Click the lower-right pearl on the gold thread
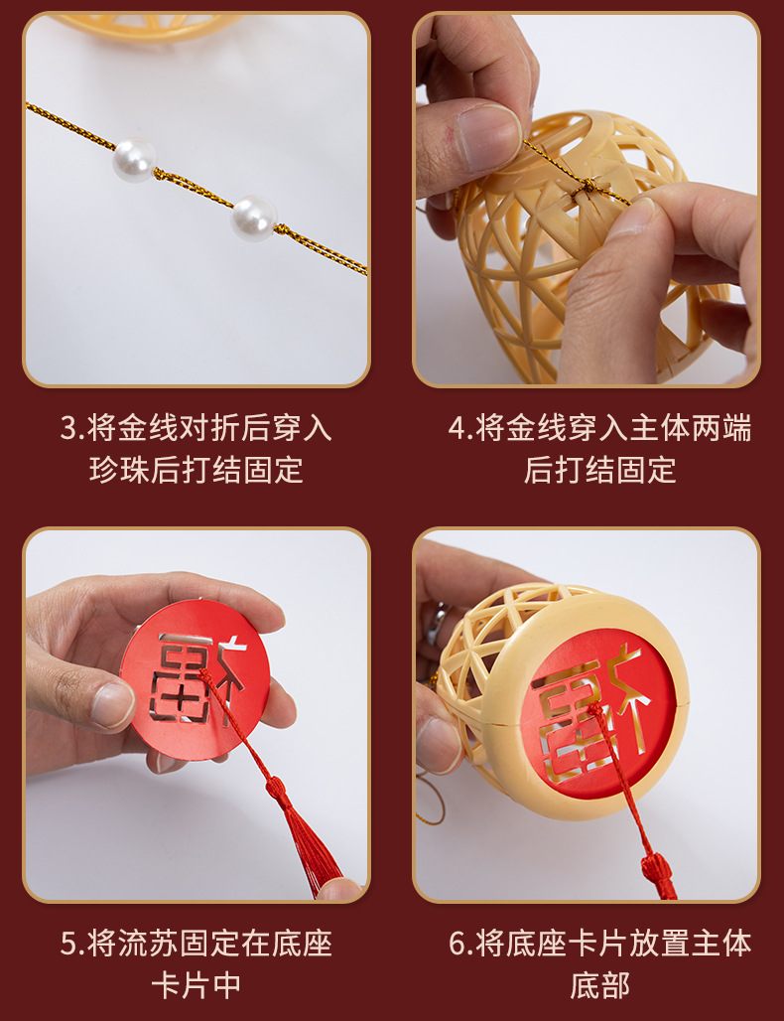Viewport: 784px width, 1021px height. (253, 218)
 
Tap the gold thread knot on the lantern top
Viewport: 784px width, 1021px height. (590, 185)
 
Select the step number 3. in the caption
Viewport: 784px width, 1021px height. (71, 429)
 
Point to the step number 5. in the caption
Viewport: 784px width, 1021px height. (71, 944)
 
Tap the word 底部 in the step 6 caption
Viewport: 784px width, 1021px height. (599, 984)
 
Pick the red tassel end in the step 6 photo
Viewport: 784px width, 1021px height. (660, 874)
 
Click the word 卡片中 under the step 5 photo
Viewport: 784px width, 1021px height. (196, 984)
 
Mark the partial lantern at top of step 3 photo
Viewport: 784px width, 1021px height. (149, 25)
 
